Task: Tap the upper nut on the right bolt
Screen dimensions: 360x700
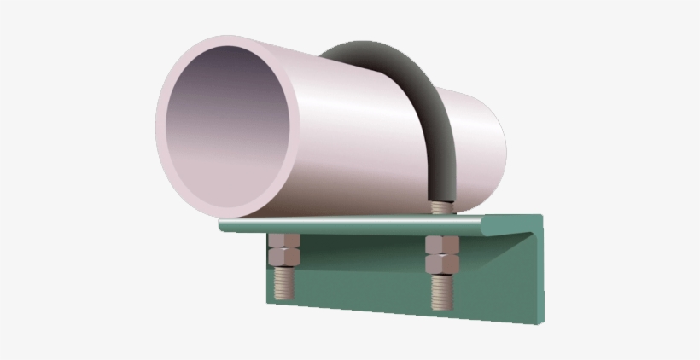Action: tap(441, 245)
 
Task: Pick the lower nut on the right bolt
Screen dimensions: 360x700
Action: tap(441, 262)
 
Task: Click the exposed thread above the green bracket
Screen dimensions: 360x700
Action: tap(440, 207)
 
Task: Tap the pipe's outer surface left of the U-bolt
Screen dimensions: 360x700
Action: tap(350, 136)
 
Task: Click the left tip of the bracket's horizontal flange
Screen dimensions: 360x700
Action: tap(221, 226)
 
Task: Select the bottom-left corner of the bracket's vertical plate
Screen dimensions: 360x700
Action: tap(267, 300)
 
